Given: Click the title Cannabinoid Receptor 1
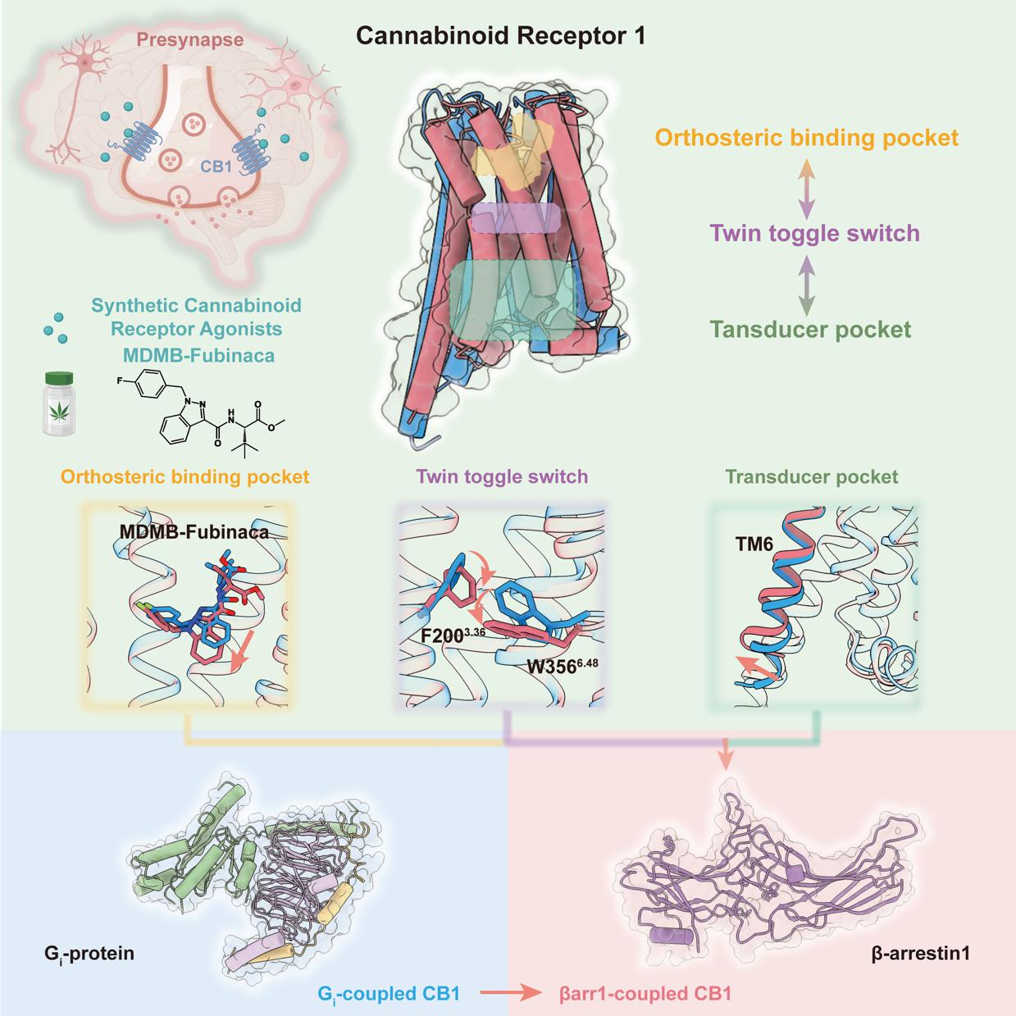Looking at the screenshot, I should [500, 36].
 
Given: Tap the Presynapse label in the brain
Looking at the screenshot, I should [178, 39].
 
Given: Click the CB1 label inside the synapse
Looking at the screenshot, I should [216, 166].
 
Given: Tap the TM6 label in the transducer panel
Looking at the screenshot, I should [754, 543].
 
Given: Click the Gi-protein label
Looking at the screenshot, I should [89, 954].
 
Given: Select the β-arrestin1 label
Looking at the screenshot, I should [921, 954].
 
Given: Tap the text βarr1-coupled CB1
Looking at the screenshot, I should [645, 994].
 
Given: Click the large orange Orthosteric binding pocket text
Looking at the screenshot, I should [807, 137].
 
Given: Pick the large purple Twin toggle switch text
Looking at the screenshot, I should [814, 233].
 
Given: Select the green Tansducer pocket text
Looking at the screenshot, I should [810, 330].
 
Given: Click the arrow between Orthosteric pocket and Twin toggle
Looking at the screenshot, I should [807, 186].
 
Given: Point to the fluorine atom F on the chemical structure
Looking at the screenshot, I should [120, 380].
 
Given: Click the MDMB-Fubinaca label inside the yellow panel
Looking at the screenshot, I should [194, 531].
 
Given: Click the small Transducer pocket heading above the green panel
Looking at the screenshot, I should [811, 476].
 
